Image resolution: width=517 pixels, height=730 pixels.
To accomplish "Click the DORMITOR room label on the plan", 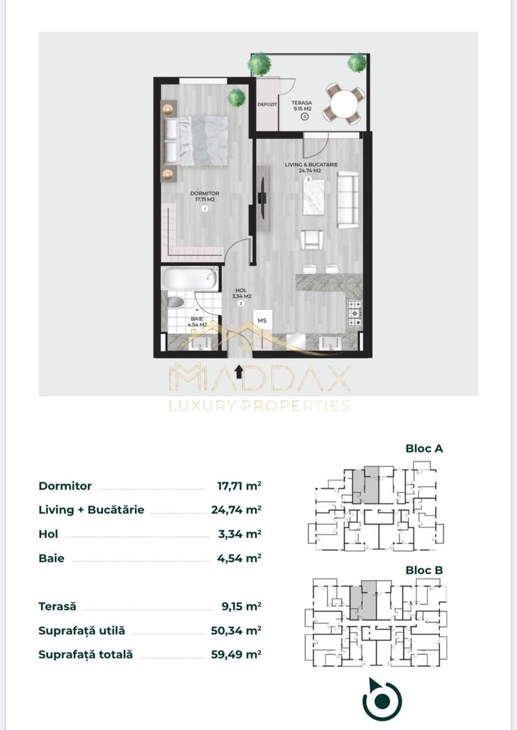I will (x=205, y=196).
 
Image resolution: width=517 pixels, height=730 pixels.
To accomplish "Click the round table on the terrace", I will (x=342, y=104).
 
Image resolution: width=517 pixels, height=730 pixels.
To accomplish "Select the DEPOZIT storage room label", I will (x=267, y=105).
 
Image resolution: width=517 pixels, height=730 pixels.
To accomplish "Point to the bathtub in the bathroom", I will (x=190, y=278).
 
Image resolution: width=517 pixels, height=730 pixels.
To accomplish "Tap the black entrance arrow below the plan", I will (x=238, y=369).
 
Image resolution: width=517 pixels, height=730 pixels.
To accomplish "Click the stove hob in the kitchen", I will (x=353, y=312).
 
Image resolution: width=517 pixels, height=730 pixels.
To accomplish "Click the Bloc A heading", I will (x=424, y=448).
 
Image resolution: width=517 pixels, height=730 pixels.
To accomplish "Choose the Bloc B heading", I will (x=424, y=570).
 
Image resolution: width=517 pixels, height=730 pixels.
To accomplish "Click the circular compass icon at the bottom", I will (x=382, y=700).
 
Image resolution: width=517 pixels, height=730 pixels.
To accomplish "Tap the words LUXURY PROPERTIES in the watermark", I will (x=259, y=406).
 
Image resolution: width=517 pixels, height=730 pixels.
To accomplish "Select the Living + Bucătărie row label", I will (x=91, y=510).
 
